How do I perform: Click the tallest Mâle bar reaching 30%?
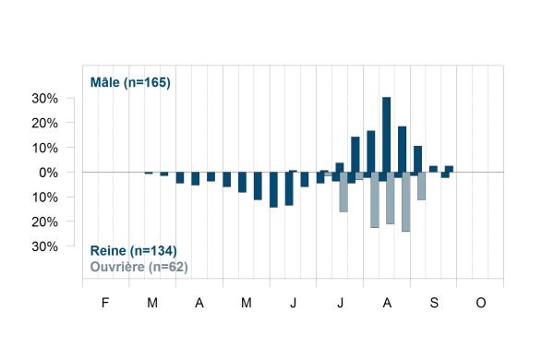[386, 135]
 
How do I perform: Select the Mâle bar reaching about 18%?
[402, 150]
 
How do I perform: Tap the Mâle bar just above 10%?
[417, 159]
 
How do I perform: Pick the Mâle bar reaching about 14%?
[355, 154]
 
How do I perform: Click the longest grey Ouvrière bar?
[406, 202]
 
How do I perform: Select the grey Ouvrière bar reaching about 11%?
[422, 186]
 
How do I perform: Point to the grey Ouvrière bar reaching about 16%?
[343, 192]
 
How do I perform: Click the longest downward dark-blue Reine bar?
[273, 190]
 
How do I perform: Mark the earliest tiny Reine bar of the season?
[149, 173]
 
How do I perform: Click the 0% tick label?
[48, 173]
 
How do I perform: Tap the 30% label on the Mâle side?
[45, 99]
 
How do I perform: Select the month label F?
[105, 303]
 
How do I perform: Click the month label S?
[434, 303]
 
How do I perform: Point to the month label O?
[481, 303]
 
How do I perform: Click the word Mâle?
[105, 82]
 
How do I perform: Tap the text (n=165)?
[147, 83]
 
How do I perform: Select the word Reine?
[108, 250]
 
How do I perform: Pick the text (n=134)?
[153, 251]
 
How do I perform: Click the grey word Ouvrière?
[117, 267]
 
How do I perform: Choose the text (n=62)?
[168, 267]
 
